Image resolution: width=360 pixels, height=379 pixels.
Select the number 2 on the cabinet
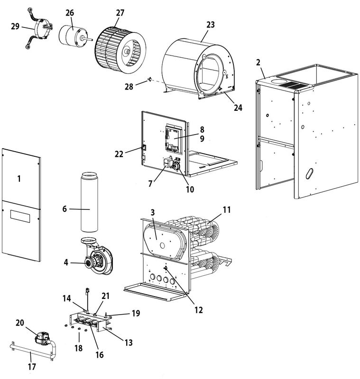pyautogui.click(x=258, y=63)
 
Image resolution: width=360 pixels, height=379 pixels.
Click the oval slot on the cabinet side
pyautogui.click(x=309, y=174)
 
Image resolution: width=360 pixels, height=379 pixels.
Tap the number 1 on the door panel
pyautogui.click(x=19, y=179)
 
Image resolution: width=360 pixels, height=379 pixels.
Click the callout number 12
pyautogui.click(x=198, y=310)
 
